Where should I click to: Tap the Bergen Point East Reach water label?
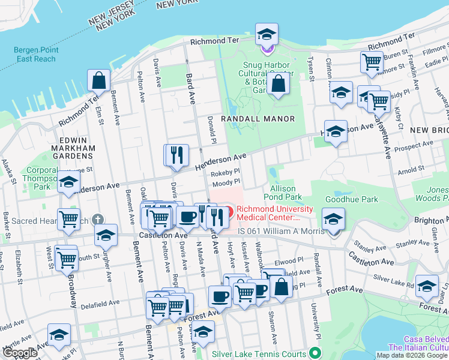click(36, 55)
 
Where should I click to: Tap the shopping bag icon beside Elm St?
click(98, 80)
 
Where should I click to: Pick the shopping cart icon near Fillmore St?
click(372, 61)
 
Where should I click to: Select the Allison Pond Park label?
click(283, 193)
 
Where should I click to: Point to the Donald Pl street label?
click(211, 127)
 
